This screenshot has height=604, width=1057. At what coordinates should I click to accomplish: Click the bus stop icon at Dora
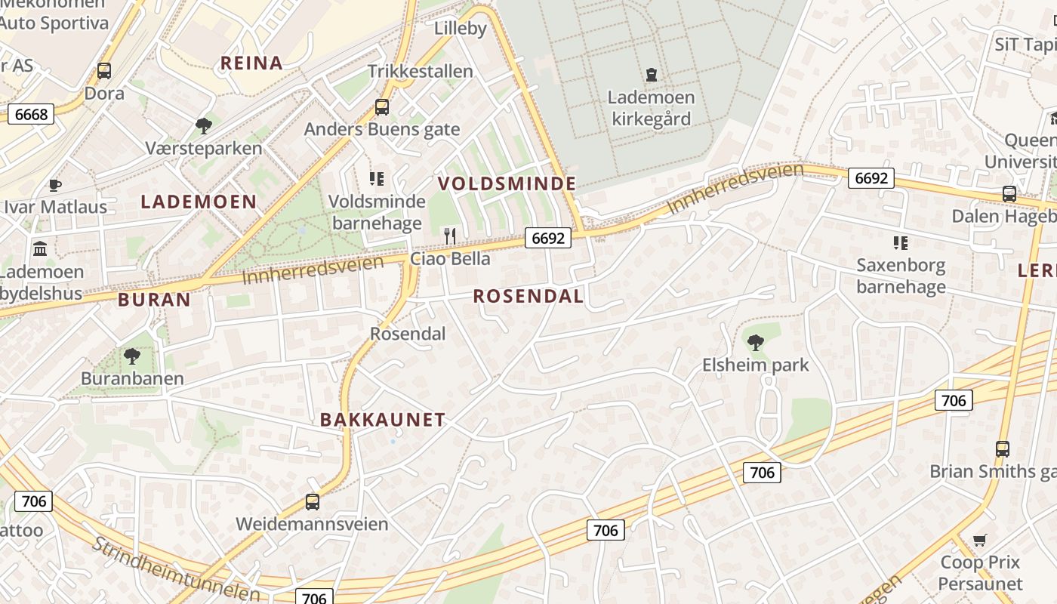click(x=104, y=72)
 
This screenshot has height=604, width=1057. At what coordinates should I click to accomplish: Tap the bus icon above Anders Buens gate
click(x=382, y=107)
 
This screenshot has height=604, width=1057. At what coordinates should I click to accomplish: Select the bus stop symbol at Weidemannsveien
click(x=312, y=501)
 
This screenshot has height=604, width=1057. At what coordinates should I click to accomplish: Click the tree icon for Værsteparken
click(x=203, y=125)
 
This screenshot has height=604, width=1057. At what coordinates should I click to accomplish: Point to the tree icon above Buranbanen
click(x=132, y=356)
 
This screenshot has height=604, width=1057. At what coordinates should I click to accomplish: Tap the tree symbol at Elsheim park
click(x=755, y=343)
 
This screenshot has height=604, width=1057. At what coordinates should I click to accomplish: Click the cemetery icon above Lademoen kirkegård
click(x=651, y=74)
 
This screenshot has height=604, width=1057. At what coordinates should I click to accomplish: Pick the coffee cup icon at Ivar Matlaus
click(x=55, y=185)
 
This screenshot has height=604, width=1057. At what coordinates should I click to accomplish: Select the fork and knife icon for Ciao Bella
click(x=450, y=236)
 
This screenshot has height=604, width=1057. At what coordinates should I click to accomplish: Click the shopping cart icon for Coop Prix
click(x=980, y=540)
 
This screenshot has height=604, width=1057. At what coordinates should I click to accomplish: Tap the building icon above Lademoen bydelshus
click(x=40, y=248)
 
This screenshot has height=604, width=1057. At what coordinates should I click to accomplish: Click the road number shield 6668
click(x=31, y=115)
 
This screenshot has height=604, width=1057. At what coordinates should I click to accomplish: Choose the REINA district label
click(x=251, y=63)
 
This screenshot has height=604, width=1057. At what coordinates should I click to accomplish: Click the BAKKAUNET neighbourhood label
click(x=383, y=421)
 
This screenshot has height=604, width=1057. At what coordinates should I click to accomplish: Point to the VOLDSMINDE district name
click(x=507, y=183)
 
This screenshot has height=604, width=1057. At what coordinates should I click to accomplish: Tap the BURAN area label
click(x=155, y=300)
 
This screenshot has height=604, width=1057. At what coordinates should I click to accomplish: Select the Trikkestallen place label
click(x=421, y=72)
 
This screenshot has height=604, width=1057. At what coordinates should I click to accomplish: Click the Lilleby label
click(x=460, y=29)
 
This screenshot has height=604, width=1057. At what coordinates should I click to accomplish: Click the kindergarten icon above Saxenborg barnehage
click(x=900, y=243)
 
